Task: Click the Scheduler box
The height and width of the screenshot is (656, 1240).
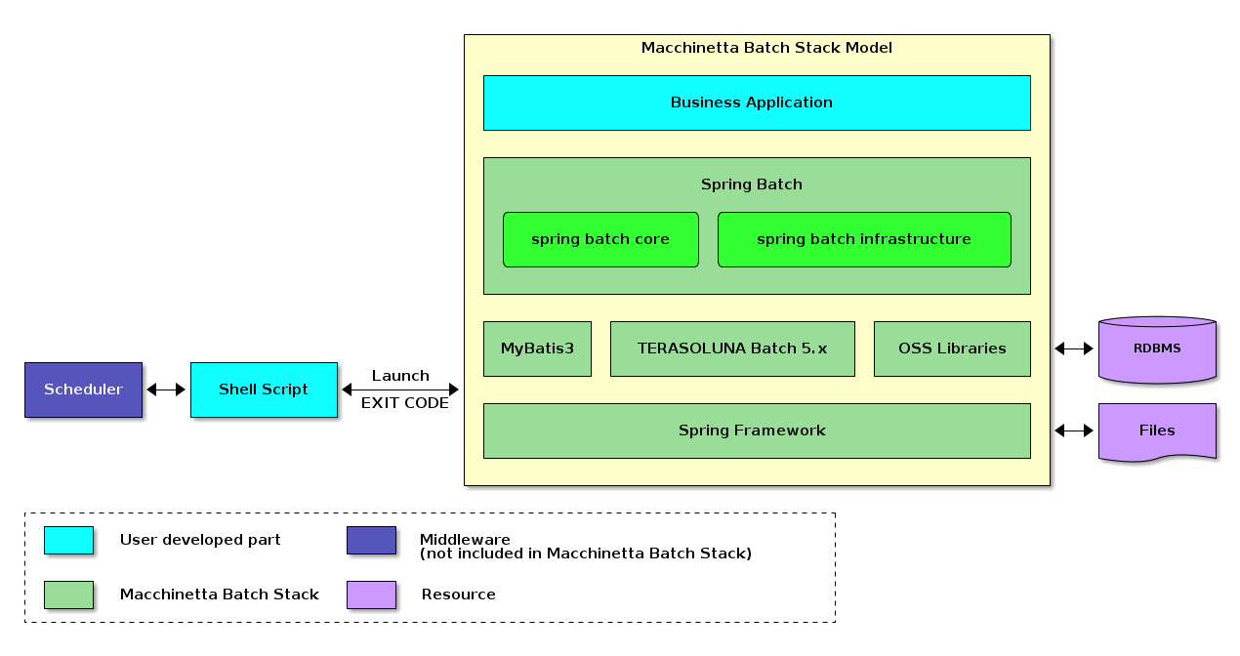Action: pos(83,389)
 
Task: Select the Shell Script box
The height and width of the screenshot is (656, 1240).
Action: pos(264,389)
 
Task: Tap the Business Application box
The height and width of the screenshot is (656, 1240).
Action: pos(757,102)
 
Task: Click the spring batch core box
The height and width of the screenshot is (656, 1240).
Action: pos(600,239)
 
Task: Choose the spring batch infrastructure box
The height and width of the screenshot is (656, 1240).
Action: pos(864,239)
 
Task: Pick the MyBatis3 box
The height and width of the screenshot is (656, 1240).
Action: pos(537,348)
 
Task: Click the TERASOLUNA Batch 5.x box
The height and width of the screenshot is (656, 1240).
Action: pos(732,348)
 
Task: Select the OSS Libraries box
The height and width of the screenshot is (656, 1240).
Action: pos(952,348)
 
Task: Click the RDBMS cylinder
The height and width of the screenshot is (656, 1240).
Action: pos(1157,348)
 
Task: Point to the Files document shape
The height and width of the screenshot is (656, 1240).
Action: pos(1157,430)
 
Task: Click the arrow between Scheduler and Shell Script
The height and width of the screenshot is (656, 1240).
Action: pos(166,389)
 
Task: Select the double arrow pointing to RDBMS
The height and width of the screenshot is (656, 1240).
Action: pos(1074,348)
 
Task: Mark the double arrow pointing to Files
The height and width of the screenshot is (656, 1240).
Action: pos(1074,430)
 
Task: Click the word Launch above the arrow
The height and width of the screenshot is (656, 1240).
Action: pos(400,376)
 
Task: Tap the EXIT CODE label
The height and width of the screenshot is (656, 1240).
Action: pos(404,403)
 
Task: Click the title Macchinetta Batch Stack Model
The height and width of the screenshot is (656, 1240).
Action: pos(766,48)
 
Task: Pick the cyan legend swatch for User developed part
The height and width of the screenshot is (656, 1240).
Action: pos(68,540)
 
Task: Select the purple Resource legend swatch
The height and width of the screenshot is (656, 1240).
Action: pos(371,594)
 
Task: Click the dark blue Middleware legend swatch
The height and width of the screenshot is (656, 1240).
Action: pos(371,540)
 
